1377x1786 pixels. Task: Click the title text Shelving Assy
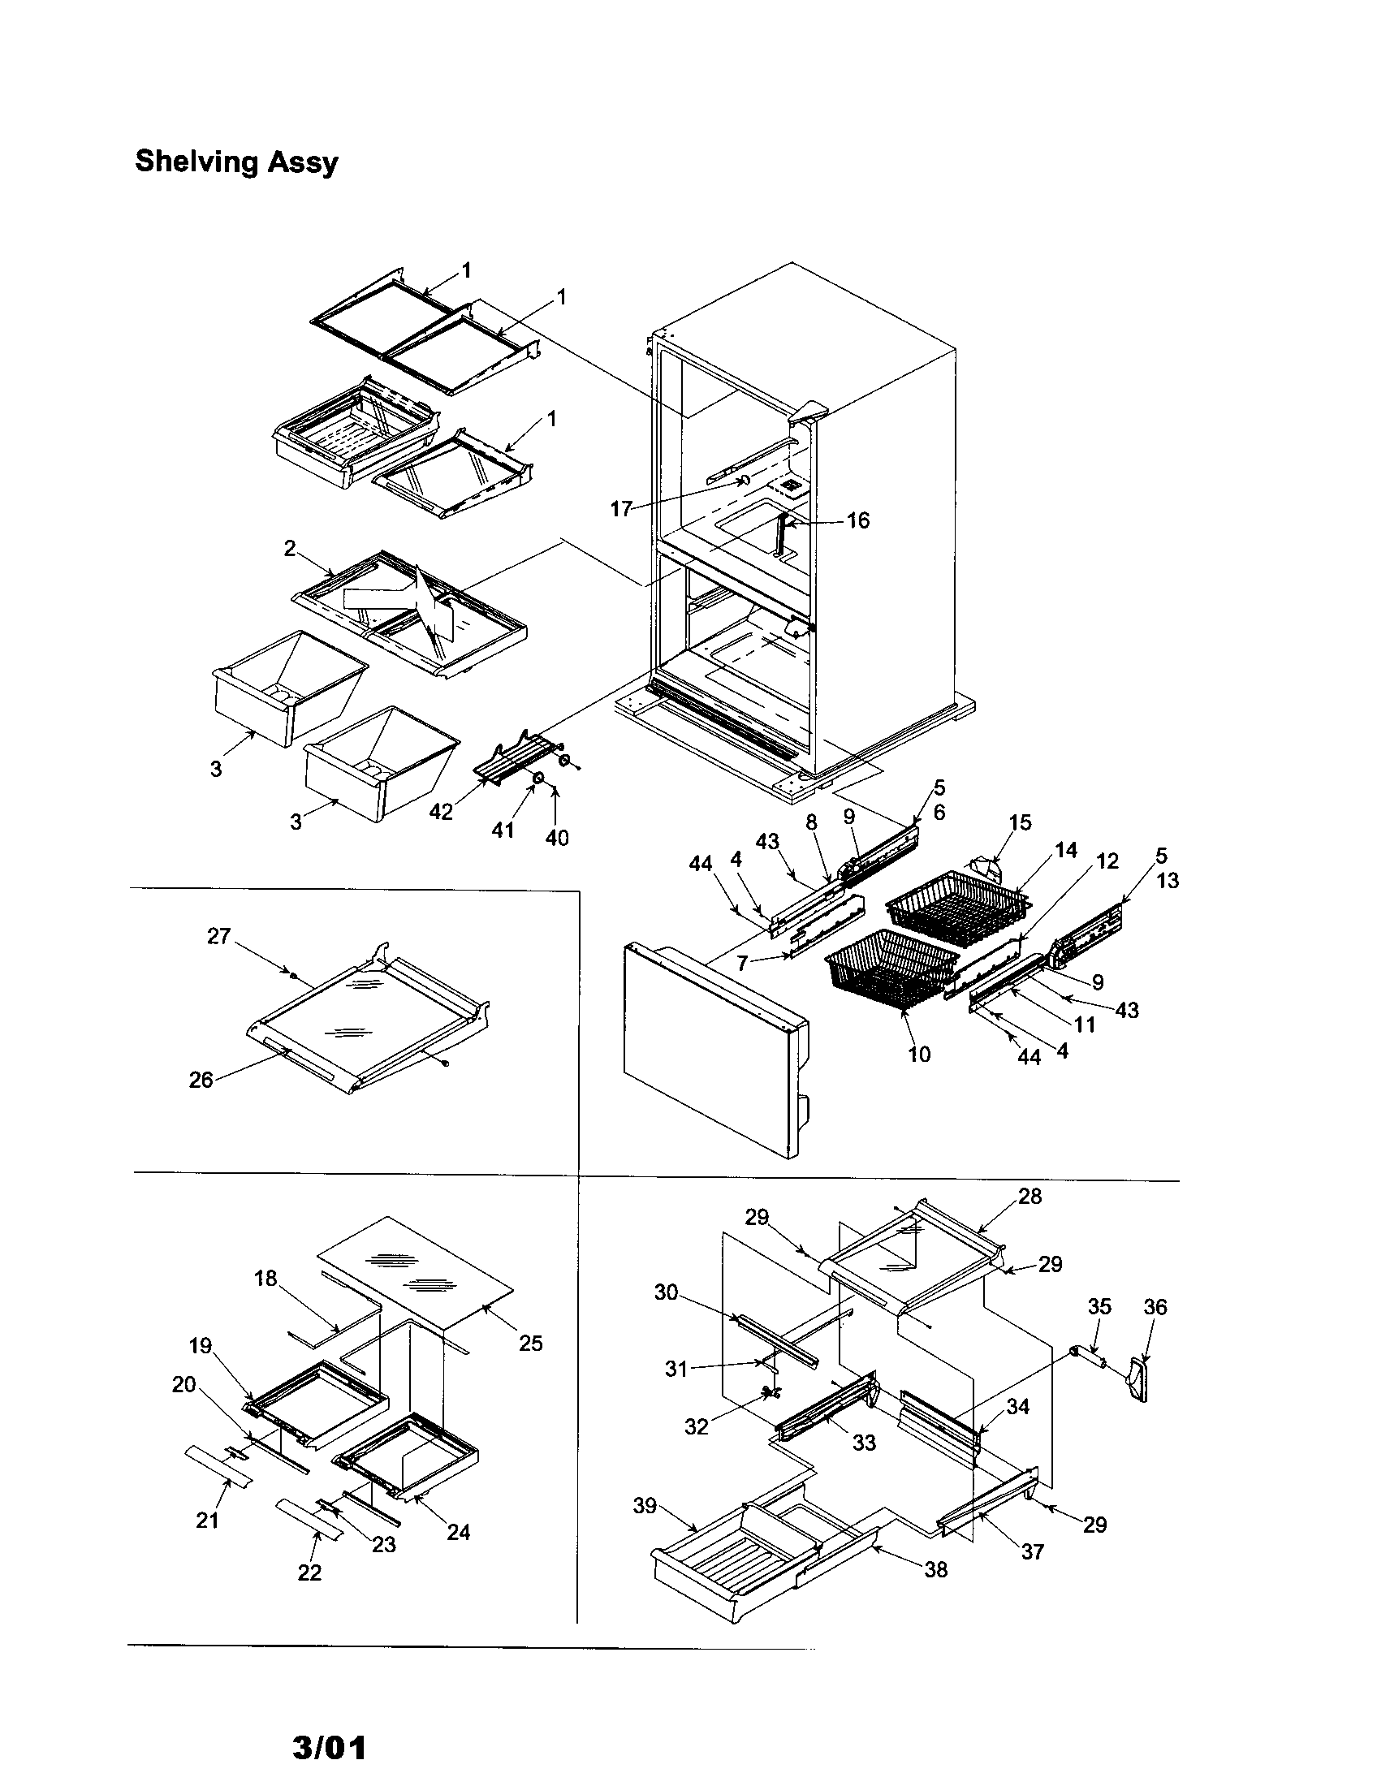[236, 162]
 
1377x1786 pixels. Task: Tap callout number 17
[620, 510]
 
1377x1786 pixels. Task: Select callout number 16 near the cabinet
[857, 520]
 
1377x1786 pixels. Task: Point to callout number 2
[290, 549]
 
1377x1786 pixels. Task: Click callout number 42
[441, 811]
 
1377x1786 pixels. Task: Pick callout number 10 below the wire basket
[919, 1054]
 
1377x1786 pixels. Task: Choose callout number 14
[1065, 851]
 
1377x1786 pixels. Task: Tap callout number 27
[218, 936]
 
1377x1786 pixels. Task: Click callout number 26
[201, 1080]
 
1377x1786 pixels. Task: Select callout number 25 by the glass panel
[531, 1343]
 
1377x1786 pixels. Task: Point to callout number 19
[201, 1345]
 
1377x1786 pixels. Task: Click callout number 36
[1155, 1307]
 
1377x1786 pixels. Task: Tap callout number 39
[645, 1505]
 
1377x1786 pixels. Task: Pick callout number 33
[864, 1443]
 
